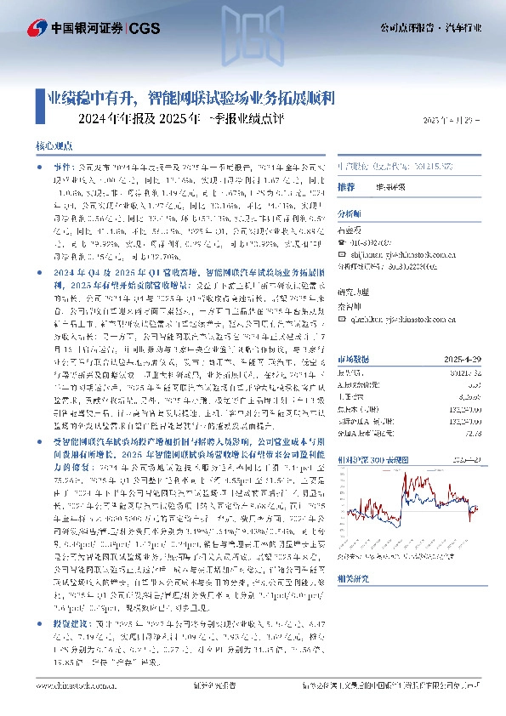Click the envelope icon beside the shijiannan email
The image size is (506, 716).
343,253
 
